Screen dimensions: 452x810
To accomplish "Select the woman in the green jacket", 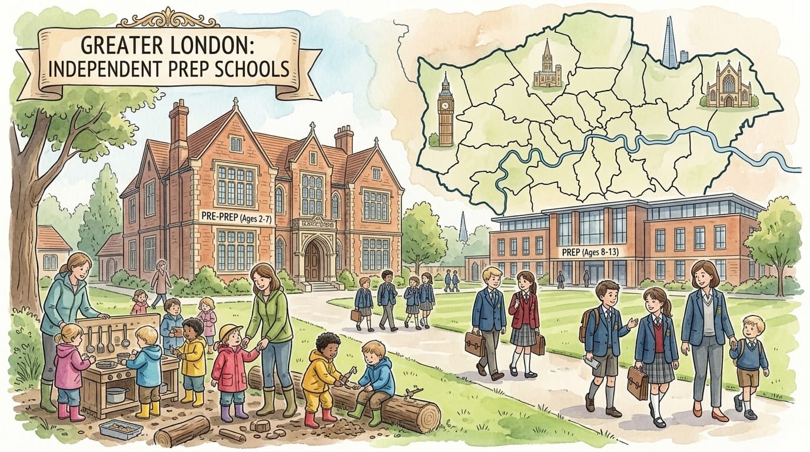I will pyautogui.click(x=270, y=330).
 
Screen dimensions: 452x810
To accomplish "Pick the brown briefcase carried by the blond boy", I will pyautogui.click(x=474, y=344).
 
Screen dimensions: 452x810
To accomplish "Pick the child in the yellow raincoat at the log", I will pyautogui.click(x=321, y=377).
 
